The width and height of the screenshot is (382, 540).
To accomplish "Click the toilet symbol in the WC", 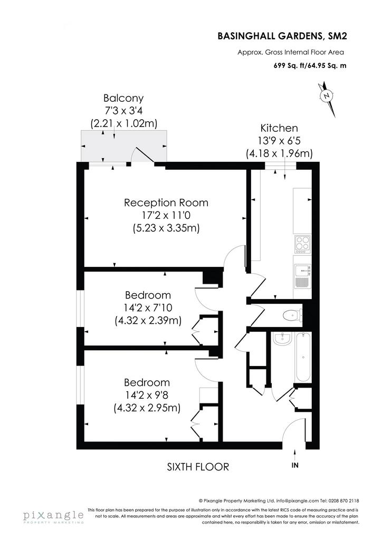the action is tap(291, 315).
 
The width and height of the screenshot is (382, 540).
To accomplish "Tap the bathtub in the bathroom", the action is tap(303, 357).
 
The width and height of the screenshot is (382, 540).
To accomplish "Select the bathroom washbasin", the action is tap(282, 339).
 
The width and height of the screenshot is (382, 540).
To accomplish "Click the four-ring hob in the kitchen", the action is tap(302, 245).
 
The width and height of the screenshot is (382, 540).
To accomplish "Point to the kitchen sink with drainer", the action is tap(303, 276).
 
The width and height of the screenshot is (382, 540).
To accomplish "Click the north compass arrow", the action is tap(327, 99).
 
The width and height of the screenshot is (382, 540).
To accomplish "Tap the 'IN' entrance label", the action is tap(295, 465).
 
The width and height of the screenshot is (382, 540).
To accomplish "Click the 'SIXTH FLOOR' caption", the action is tap(198, 467).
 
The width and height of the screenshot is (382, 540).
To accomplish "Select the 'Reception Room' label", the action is tap(166, 202).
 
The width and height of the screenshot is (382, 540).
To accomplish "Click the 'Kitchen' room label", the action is tap(279, 128).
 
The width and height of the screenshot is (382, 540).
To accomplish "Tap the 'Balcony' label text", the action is tap(123, 98).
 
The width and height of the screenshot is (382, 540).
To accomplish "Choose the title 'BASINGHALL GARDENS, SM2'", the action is tap(282, 36).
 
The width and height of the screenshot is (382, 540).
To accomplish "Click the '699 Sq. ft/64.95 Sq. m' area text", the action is tap(310, 65).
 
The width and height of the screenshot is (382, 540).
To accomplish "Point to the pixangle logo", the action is tap(53, 516).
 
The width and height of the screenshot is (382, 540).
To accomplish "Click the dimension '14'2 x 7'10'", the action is tap(148, 307).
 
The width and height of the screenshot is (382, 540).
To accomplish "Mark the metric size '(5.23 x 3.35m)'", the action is tap(166, 228).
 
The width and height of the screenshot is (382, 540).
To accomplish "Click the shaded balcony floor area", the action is tap(123, 146).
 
